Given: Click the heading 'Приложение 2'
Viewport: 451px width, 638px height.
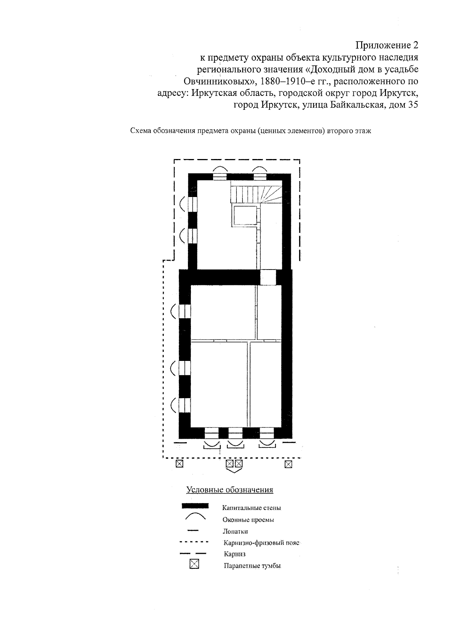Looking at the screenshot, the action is point(387,45).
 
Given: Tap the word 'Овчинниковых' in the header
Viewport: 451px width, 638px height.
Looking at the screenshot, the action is point(219,81).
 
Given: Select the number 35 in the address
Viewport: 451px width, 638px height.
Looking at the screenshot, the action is point(413,105).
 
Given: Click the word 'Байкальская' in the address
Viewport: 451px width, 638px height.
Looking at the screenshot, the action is point(355,105).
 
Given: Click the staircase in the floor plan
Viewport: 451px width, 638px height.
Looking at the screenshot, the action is point(256,194).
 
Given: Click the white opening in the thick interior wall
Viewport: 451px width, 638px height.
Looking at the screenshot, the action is point(268,277).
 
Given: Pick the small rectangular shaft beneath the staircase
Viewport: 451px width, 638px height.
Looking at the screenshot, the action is point(245,215).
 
